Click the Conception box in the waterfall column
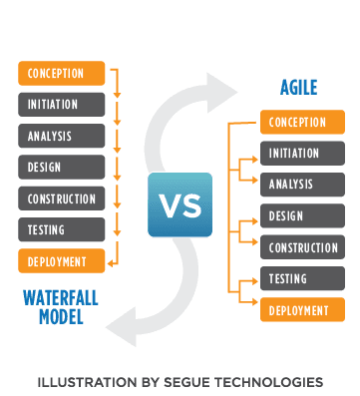click(62, 72)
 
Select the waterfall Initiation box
click(62, 104)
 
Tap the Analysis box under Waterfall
click(62, 136)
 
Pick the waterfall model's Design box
click(62, 167)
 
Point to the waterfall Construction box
click(62, 198)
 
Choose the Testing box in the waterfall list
click(62, 230)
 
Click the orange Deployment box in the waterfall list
click(62, 262)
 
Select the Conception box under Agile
click(303, 123)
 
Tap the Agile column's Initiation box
click(303, 154)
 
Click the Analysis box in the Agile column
click(303, 185)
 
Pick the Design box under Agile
click(303, 215)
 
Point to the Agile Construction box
click(303, 246)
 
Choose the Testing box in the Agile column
click(303, 277)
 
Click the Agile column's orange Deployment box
click(303, 309)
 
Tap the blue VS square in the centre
click(180, 204)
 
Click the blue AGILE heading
click(298, 88)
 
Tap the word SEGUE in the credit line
click(187, 382)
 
